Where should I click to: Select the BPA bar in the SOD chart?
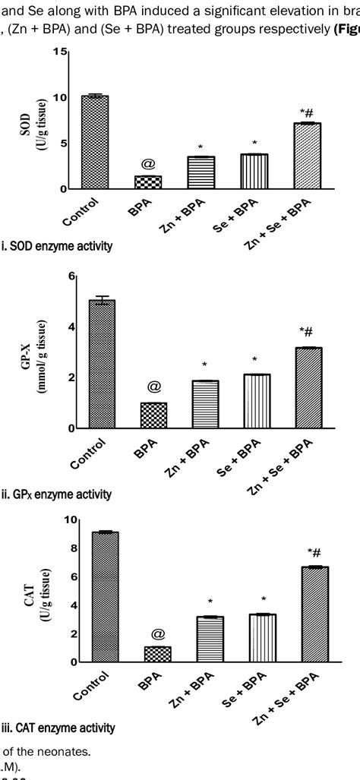point(148,182)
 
